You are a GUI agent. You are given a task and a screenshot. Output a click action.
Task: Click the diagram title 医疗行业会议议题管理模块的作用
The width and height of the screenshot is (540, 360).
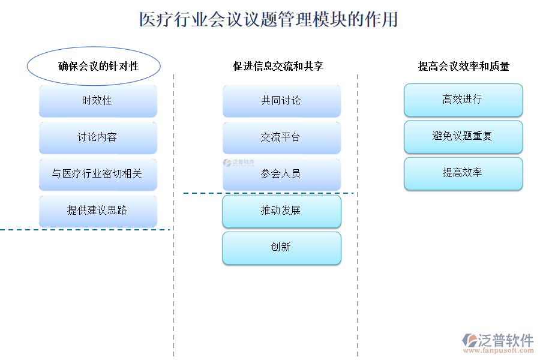(269, 20)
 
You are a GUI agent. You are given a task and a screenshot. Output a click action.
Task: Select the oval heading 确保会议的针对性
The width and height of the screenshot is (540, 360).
(94, 65)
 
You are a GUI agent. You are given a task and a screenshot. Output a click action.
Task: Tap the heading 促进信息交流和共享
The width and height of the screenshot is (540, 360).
(278, 66)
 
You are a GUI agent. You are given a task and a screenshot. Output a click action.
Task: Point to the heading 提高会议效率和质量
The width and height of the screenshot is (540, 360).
(463, 66)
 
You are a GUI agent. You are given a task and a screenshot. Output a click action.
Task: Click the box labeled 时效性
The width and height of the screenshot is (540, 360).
(98, 101)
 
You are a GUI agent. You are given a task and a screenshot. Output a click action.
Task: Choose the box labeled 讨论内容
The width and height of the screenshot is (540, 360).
(98, 137)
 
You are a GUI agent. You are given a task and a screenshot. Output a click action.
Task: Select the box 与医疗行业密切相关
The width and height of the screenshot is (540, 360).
(98, 174)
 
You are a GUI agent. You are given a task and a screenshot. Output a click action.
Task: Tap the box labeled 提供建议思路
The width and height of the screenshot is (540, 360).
(98, 211)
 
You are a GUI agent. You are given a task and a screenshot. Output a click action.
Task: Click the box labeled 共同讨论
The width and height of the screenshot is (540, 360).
(281, 101)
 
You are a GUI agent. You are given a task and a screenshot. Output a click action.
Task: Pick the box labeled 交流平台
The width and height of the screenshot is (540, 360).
(281, 137)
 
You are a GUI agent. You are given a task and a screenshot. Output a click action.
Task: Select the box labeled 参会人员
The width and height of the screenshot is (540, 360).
(281, 174)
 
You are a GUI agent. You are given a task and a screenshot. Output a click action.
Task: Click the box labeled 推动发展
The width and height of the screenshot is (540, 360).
(281, 211)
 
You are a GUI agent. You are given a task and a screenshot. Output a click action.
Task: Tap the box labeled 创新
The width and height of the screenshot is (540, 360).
(281, 247)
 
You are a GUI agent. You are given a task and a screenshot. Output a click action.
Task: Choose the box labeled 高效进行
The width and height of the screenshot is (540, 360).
(463, 100)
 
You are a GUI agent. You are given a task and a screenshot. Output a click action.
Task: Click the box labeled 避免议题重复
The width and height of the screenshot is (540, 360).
(463, 136)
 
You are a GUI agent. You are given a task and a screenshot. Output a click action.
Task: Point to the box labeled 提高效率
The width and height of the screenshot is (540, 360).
(463, 173)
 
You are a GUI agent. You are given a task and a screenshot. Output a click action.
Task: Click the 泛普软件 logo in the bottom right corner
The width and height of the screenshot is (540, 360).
(499, 340)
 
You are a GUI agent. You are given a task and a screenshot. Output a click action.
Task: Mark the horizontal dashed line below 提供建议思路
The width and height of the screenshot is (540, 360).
(84, 230)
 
